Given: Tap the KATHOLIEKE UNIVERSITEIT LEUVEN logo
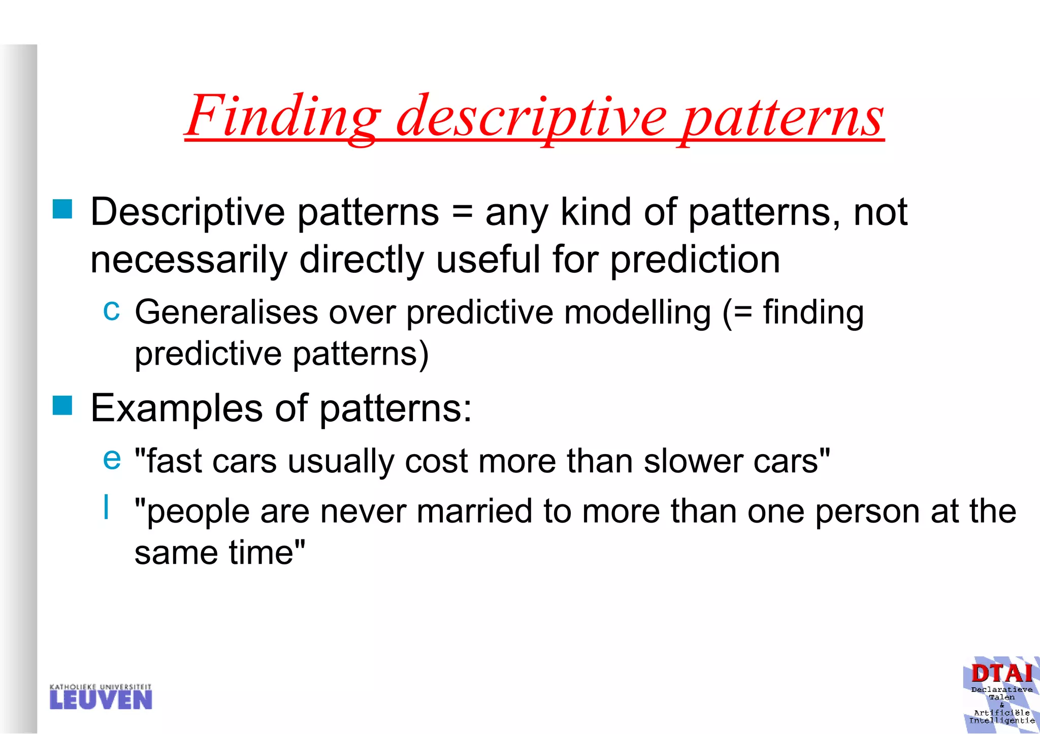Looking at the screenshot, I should pyautogui.click(x=101, y=697).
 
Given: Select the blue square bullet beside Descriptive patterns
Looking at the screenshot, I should pyautogui.click(x=62, y=209).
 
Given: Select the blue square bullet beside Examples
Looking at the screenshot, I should pyautogui.click(x=62, y=406).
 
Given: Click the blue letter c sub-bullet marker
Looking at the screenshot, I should pyautogui.click(x=111, y=310).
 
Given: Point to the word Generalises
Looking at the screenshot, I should pyautogui.click(x=226, y=312).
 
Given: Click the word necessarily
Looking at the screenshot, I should pyautogui.click(x=188, y=259).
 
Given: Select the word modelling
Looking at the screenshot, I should pyautogui.click(x=637, y=312).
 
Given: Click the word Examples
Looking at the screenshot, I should pyautogui.click(x=176, y=408).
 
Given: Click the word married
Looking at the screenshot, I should pyautogui.click(x=474, y=511).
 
